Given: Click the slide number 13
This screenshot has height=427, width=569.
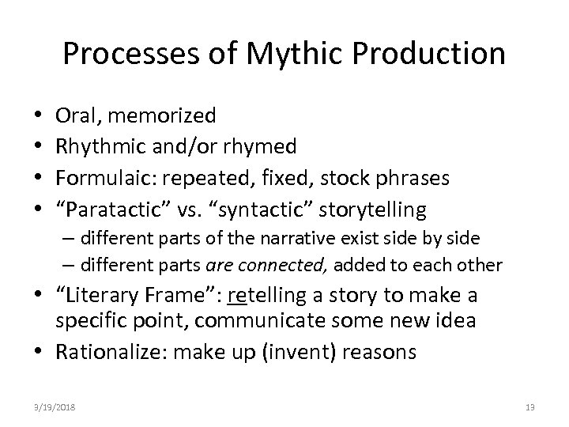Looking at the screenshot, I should (530, 406).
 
